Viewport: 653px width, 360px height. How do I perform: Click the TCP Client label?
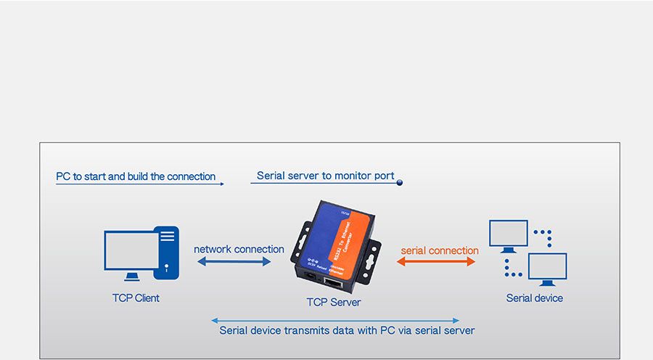(x=136, y=298)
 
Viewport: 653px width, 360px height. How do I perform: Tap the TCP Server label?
(x=334, y=302)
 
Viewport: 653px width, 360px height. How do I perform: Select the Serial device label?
(x=534, y=298)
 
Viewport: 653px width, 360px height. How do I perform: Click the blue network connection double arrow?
(x=233, y=261)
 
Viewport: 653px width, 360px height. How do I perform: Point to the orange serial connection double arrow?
(x=436, y=261)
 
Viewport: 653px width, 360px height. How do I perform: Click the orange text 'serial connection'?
(x=440, y=250)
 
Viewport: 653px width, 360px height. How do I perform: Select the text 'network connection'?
(x=239, y=249)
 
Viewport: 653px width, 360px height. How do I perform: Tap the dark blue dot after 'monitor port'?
(x=399, y=183)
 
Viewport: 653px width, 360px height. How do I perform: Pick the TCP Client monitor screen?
(x=131, y=251)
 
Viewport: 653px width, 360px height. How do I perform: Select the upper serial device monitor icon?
(x=508, y=234)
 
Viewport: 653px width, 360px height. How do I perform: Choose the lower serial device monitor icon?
(x=547, y=268)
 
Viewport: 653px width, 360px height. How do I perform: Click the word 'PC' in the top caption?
(x=63, y=176)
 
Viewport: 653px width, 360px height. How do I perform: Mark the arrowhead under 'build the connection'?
(x=221, y=184)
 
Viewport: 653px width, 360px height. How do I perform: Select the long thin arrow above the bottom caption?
(x=334, y=320)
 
